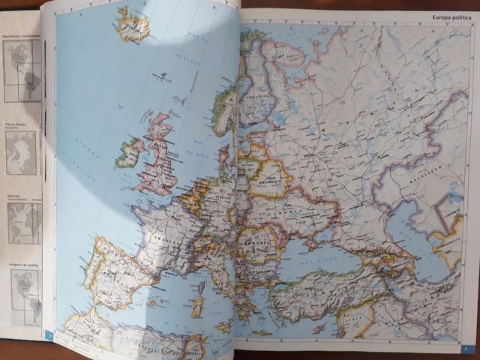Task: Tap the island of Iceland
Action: pos(133,25)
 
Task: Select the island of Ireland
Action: pos(128,152)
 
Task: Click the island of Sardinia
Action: pos(197,306)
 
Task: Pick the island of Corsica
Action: pos(200,286)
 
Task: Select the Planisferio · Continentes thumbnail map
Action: pos(22,72)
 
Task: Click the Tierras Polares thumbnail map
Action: pos(21,153)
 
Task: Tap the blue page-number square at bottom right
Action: pos(465,347)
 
